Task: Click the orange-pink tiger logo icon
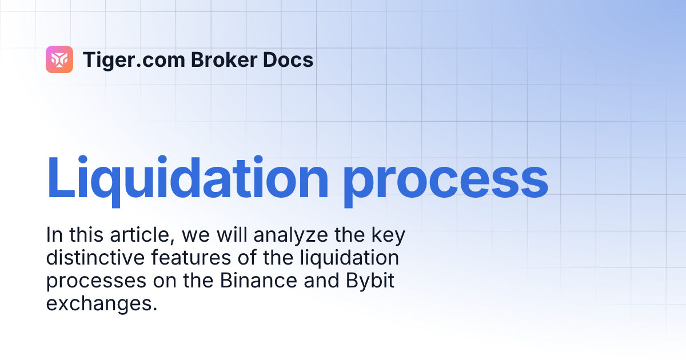pos(59,59)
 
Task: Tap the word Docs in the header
pos(291,59)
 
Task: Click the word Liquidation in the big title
pos(188,179)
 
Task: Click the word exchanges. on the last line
pos(101,303)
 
